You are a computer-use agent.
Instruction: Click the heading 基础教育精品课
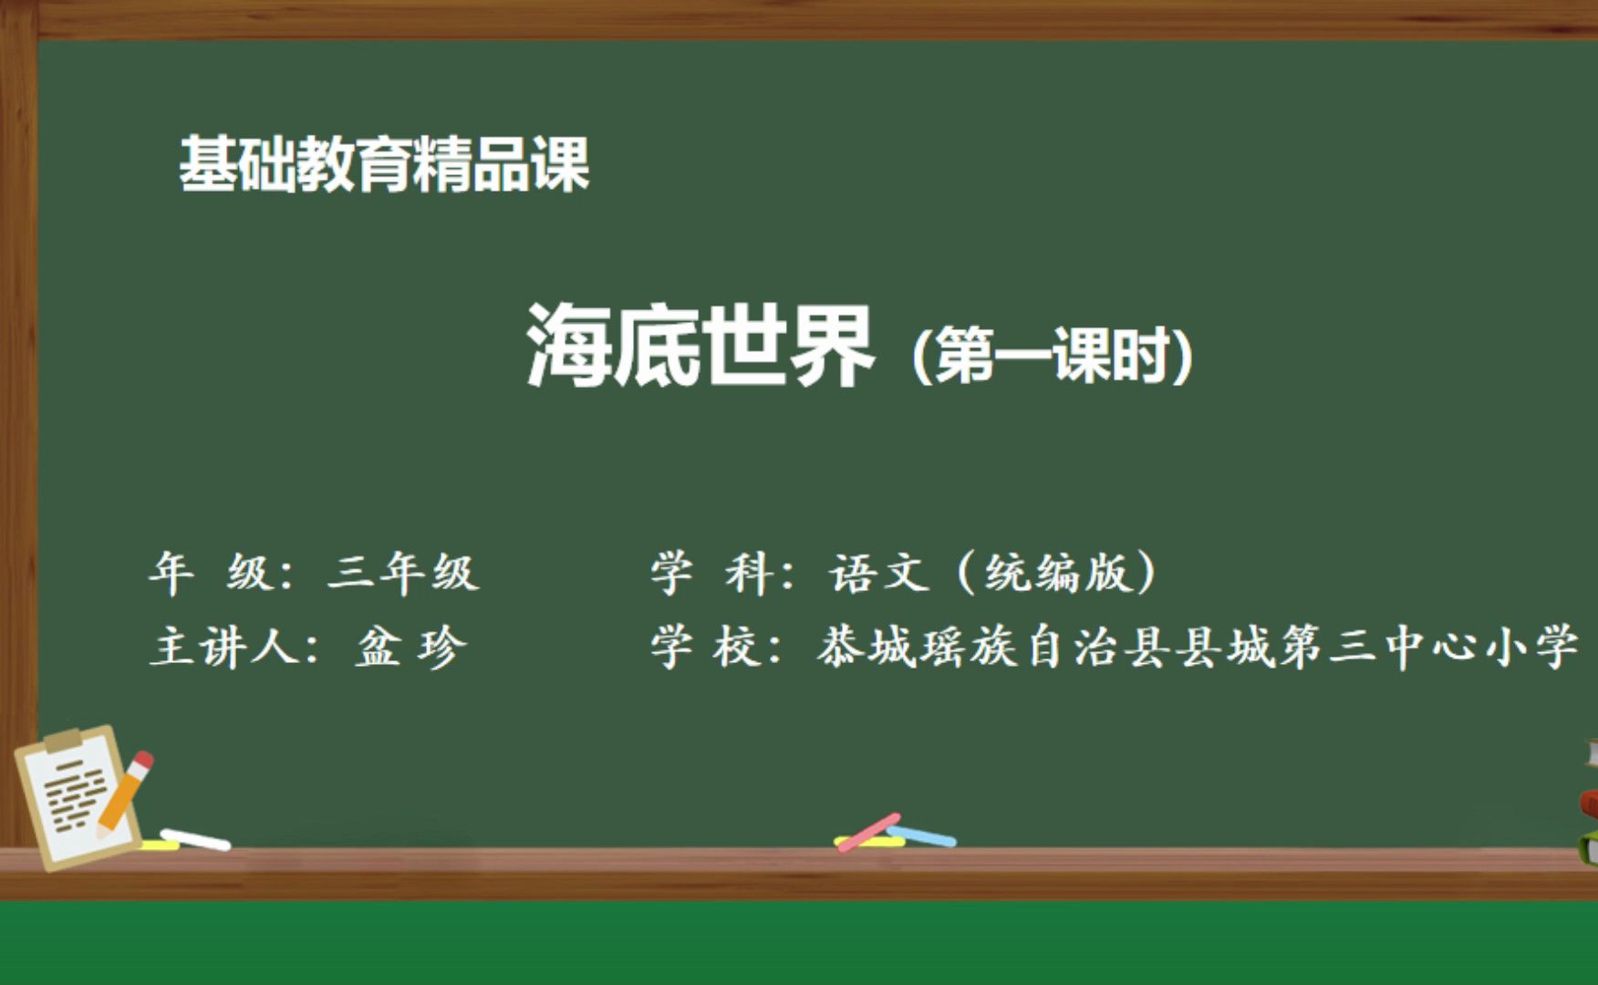pos(384,165)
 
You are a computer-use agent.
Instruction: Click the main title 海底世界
pos(700,347)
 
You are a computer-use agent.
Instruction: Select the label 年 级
pos(210,574)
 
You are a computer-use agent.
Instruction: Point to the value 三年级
pos(402,574)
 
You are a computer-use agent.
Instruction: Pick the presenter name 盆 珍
pos(411,648)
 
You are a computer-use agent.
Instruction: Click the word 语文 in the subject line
pos(878,574)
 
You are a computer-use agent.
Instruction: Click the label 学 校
pos(707,648)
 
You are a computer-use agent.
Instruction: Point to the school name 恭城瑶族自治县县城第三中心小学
pos(1197,648)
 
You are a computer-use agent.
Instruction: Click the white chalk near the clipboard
pos(195,839)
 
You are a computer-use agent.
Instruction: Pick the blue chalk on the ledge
pos(921,835)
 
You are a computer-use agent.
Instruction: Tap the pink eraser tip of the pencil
pos(143,759)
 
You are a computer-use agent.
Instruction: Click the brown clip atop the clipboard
pos(62,740)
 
